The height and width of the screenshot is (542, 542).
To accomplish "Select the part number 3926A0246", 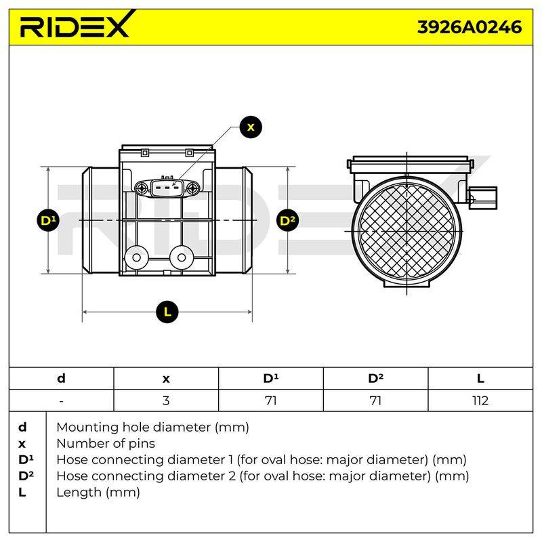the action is click(x=470, y=27).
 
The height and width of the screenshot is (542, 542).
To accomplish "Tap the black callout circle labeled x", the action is click(x=251, y=127).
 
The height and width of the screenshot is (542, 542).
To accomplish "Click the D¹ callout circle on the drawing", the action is click(x=48, y=221).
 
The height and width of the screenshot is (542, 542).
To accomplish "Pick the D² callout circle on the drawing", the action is click(x=287, y=221).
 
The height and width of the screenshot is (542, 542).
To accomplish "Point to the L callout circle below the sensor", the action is click(x=167, y=312).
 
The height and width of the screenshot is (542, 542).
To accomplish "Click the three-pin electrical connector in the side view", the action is click(x=167, y=188).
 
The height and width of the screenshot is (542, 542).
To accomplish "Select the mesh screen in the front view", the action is click(x=407, y=230).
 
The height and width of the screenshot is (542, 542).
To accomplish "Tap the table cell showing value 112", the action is click(x=480, y=401).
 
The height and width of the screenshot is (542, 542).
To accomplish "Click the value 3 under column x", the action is click(x=166, y=401).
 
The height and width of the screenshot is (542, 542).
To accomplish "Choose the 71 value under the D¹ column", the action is click(x=270, y=401).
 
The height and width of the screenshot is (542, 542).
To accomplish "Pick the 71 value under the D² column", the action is click(x=375, y=401).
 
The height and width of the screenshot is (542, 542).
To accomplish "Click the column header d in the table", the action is click(x=61, y=378).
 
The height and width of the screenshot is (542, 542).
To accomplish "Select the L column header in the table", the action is click(x=480, y=379).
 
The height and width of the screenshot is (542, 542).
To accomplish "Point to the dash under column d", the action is click(x=61, y=401).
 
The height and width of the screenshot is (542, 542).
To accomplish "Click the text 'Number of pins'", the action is click(x=106, y=444).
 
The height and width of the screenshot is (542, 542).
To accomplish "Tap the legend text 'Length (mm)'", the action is click(x=98, y=493).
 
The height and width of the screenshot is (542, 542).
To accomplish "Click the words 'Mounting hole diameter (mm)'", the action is click(x=153, y=428).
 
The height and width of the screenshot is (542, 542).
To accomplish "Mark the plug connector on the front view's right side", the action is click(x=483, y=198).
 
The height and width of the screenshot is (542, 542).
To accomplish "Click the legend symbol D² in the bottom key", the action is click(x=26, y=476).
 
